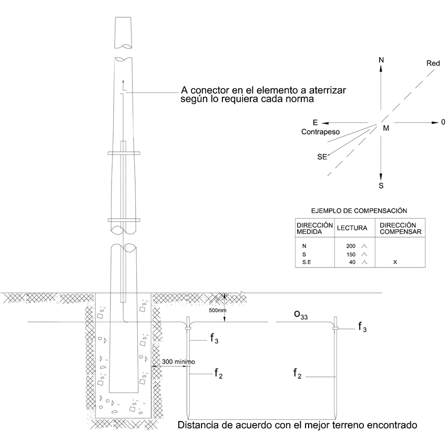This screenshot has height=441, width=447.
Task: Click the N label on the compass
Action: point(381,61)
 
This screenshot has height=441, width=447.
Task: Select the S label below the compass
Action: point(381,186)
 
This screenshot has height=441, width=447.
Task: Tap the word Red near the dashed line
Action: point(433,63)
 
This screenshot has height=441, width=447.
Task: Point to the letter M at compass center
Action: point(386,128)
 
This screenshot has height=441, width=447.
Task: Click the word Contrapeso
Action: point(320,131)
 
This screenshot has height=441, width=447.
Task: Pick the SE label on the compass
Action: point(322,157)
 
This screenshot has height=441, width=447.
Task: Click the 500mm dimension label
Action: point(217,310)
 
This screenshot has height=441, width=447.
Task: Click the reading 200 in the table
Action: point(351,246)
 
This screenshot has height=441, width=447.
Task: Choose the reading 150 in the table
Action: point(351,254)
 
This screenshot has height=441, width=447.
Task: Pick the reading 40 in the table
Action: point(353,262)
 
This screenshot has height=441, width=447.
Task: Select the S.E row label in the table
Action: point(306,262)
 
